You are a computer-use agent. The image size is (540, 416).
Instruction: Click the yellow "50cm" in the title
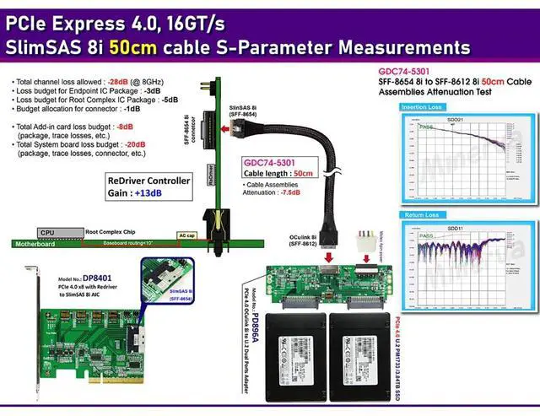point(152,46)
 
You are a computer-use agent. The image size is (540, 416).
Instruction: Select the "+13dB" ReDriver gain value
point(152,193)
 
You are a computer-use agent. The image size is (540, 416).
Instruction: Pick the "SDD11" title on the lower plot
point(456,228)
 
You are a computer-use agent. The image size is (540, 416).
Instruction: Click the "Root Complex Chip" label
point(109,230)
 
